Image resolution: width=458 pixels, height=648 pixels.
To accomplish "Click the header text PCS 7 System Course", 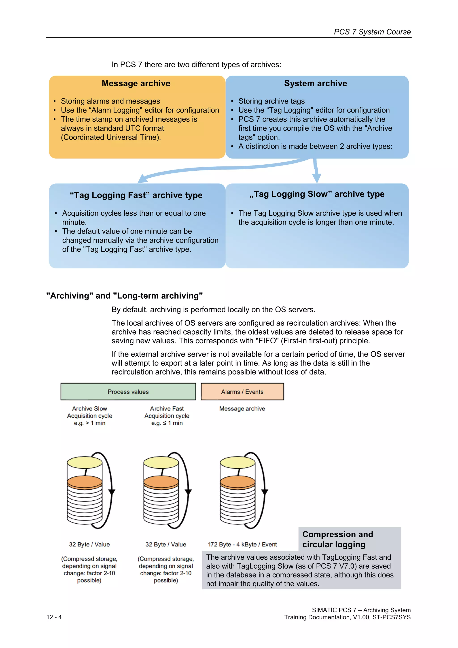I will pyautogui.click(x=372, y=32).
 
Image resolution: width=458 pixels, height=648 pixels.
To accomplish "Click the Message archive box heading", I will pyautogui.click(x=136, y=83).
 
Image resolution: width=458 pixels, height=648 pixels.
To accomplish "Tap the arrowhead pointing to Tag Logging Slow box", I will pyautogui.click(x=316, y=178).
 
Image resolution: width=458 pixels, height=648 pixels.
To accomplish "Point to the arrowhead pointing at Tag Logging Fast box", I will pyautogui.click(x=142, y=179).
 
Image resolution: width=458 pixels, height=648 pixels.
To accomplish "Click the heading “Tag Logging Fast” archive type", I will pyautogui.click(x=136, y=195).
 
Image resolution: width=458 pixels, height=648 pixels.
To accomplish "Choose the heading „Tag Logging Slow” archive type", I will pyautogui.click(x=317, y=194).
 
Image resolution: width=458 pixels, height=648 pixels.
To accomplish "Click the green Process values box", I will pyautogui.click(x=128, y=391).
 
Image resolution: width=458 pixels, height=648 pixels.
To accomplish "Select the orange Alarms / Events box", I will pyautogui.click(x=242, y=391).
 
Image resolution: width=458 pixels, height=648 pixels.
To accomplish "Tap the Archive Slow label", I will pyautogui.click(x=89, y=408).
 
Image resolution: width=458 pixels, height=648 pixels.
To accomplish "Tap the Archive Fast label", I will pyautogui.click(x=167, y=408).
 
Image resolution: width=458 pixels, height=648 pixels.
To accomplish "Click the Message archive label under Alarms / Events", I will pyautogui.click(x=242, y=408).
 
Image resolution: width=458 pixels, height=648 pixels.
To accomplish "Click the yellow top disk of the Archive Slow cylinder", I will pyautogui.click(x=85, y=463).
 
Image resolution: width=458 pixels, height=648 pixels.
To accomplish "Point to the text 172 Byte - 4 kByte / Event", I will pyautogui.click(x=242, y=544).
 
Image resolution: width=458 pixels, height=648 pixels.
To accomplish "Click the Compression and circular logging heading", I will pyautogui.click(x=337, y=539).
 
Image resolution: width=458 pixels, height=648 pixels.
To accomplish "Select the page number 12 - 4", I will pyautogui.click(x=54, y=617).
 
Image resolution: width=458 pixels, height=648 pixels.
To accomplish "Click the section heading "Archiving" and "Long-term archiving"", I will pyautogui.click(x=124, y=296).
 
